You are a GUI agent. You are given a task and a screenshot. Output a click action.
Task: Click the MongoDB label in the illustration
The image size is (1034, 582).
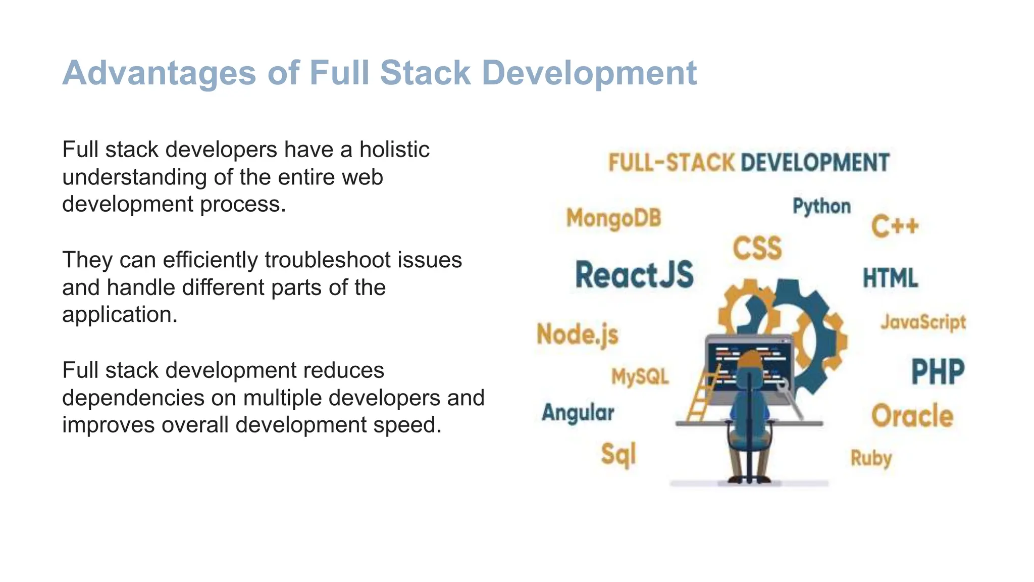(x=613, y=218)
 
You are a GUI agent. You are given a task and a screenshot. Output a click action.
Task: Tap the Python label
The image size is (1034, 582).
(x=821, y=206)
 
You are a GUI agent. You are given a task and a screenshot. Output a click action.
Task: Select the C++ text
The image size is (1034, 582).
(x=895, y=226)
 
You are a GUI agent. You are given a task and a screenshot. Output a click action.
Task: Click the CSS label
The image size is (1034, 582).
(x=757, y=248)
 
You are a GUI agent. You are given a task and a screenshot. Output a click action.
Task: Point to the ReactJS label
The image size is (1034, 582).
(x=635, y=275)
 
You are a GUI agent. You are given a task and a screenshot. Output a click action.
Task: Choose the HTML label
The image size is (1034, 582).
(x=890, y=278)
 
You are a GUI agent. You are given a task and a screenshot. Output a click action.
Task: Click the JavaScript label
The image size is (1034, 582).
(x=923, y=322)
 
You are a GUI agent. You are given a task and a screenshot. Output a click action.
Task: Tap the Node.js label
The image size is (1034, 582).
(x=577, y=334)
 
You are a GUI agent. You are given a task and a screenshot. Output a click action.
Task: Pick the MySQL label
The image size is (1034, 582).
(x=640, y=376)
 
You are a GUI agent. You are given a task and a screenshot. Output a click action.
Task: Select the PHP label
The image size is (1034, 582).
(x=938, y=372)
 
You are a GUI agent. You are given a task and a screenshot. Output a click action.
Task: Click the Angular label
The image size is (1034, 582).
(x=578, y=413)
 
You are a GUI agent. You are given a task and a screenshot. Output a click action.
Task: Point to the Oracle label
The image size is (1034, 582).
(x=912, y=416)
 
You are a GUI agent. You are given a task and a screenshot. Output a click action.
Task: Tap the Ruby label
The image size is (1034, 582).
(x=871, y=458)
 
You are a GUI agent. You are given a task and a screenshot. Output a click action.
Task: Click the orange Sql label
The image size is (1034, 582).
(x=618, y=454)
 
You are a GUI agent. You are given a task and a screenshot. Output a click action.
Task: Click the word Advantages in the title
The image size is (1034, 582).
(x=159, y=73)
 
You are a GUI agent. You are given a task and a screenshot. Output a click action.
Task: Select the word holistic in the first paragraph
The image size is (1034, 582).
(x=394, y=150)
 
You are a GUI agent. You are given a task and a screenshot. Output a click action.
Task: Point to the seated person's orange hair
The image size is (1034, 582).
(x=749, y=360)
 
